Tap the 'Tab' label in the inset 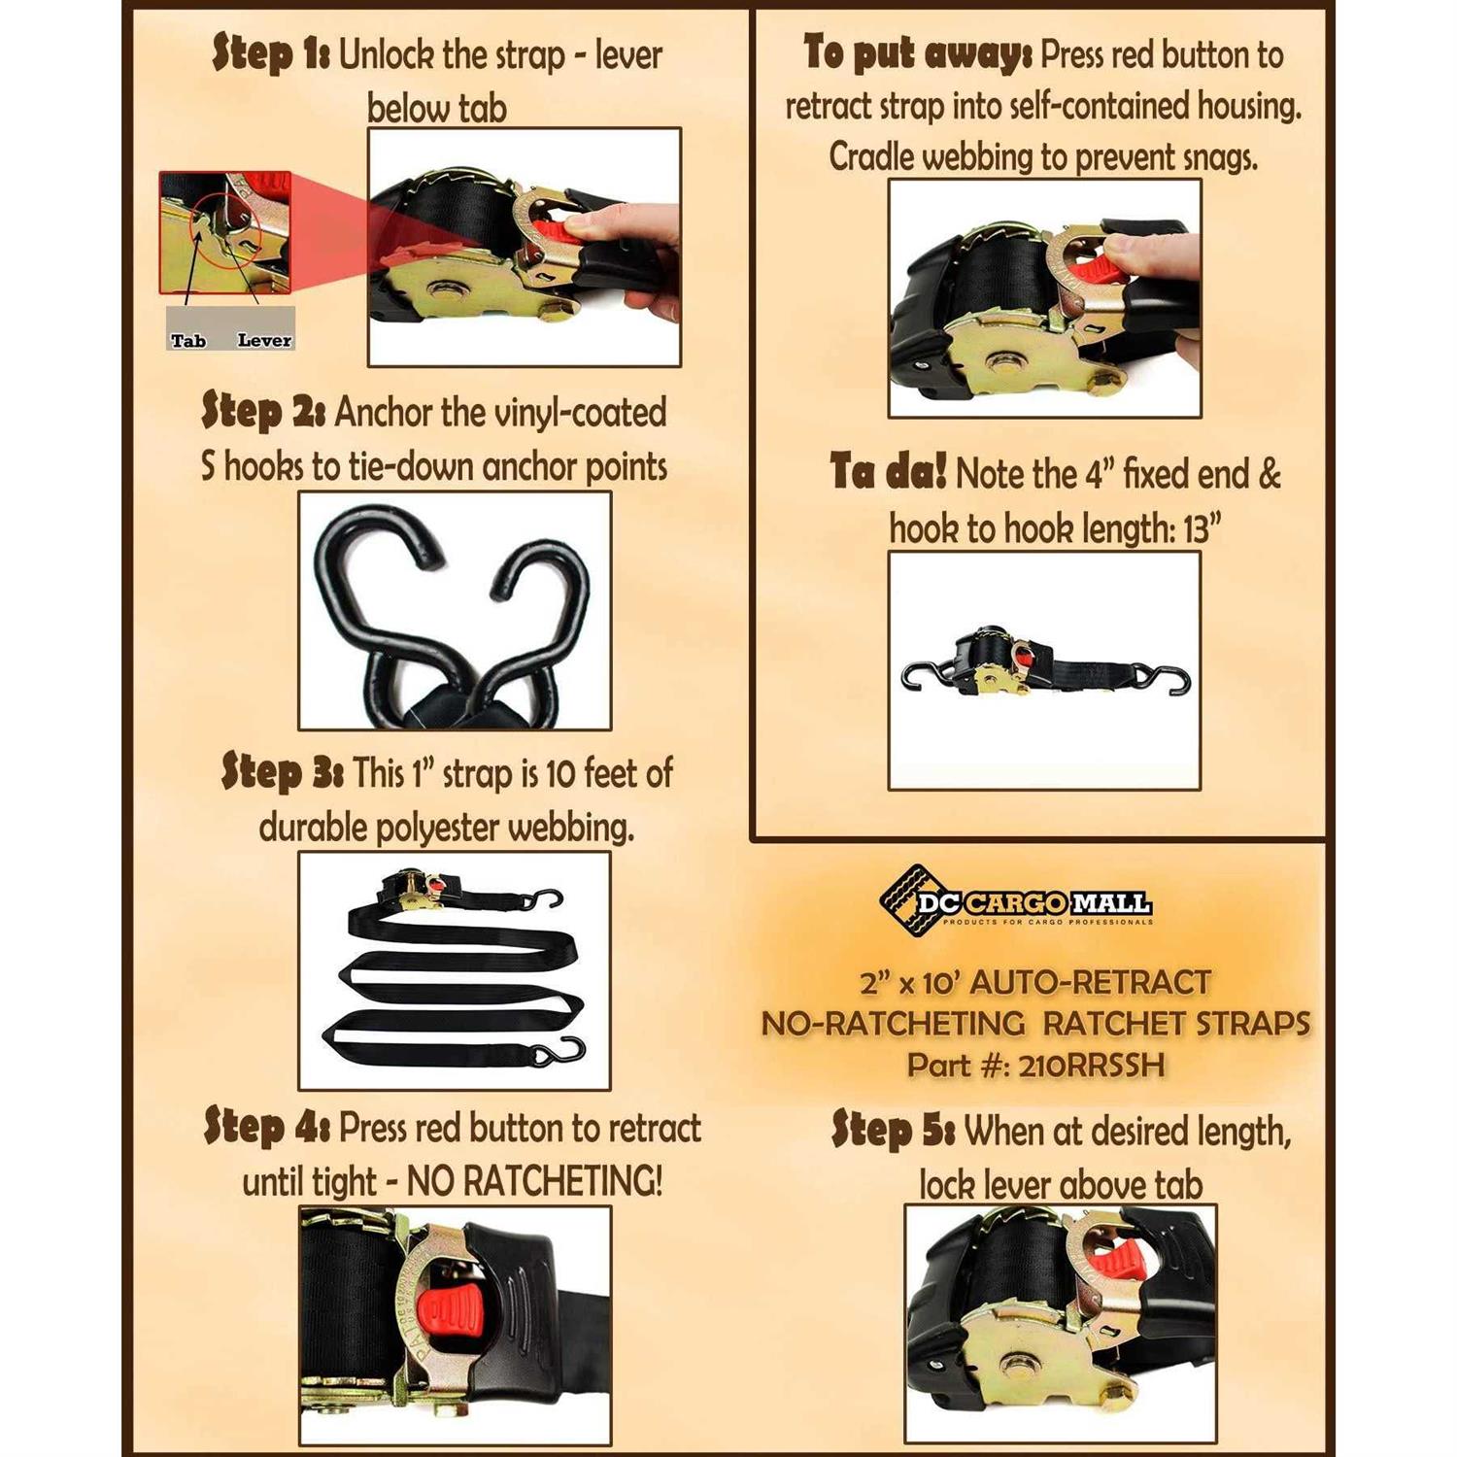click(x=188, y=341)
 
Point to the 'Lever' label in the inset click(x=264, y=341)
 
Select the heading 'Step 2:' click(x=263, y=411)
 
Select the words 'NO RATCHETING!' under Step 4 click(x=534, y=1181)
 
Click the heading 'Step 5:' click(x=894, y=1131)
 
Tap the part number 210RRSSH click(x=1092, y=1066)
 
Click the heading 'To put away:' click(x=918, y=52)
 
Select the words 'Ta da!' click(x=888, y=473)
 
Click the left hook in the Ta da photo click(x=923, y=675)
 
